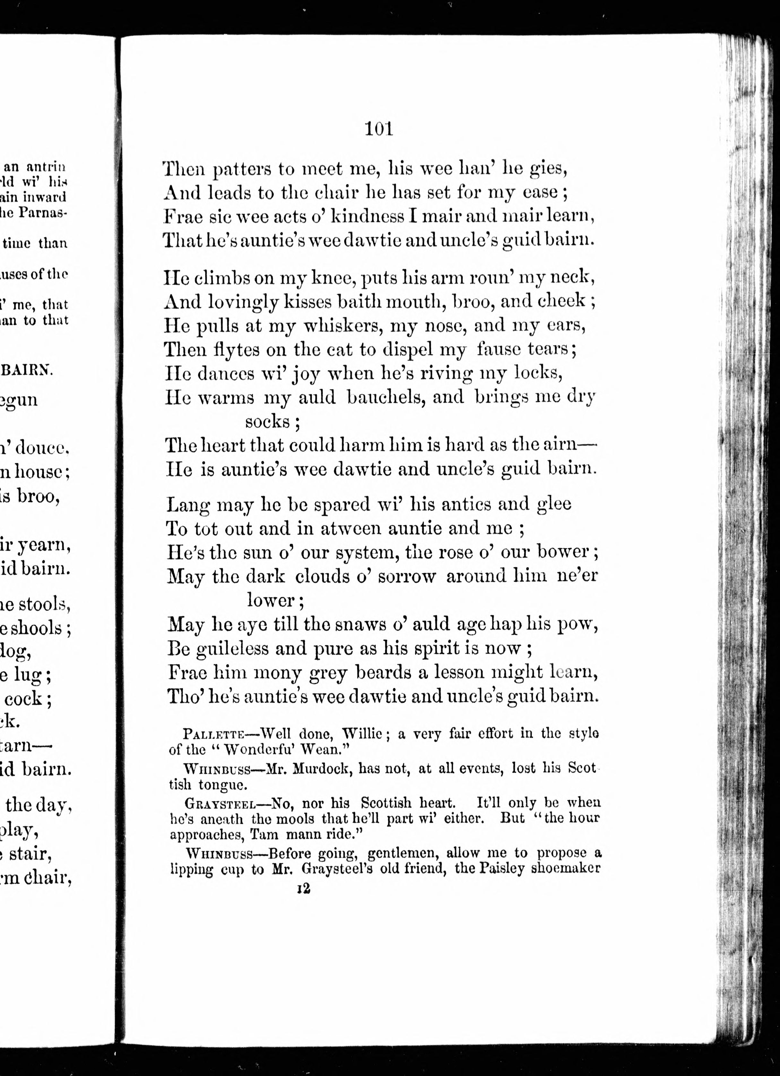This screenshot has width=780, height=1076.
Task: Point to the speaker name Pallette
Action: (213, 734)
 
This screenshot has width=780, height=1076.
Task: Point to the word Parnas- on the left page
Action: (43, 213)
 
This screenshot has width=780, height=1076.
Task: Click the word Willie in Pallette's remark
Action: (362, 734)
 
